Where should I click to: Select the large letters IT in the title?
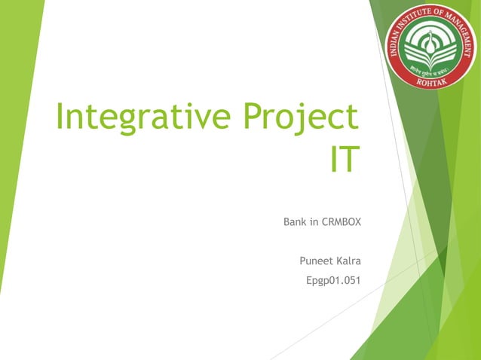point(343,160)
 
